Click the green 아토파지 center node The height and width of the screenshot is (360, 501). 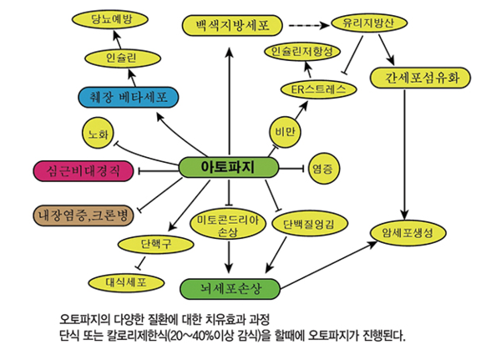point(228,167)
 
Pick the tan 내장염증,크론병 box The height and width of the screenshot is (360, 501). point(82,214)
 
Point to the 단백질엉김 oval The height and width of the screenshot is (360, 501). point(309,224)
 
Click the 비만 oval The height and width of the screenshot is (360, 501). point(285,131)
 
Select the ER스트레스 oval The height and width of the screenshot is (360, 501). point(318,88)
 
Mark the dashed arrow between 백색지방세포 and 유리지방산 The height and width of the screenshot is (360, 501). point(301,24)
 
